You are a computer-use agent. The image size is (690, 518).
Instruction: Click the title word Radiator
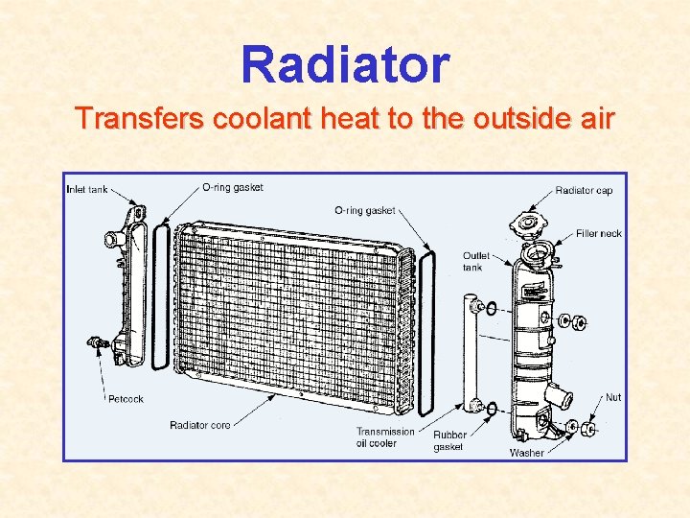pos(345,65)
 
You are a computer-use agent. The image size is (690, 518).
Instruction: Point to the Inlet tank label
pos(87,189)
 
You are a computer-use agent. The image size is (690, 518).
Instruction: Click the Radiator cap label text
pos(584,190)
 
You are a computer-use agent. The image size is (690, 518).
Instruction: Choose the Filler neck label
pos(599,233)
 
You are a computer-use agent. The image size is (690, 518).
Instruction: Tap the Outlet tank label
pos(476,261)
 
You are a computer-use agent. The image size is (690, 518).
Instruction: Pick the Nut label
pos(612,397)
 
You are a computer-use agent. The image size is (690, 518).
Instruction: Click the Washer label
pos(526,452)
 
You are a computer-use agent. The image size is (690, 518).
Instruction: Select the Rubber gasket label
pos(448,441)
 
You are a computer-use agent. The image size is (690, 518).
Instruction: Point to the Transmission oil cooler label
pos(384,436)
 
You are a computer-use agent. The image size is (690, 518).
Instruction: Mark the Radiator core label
pos(199,425)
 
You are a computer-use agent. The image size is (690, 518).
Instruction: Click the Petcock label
pos(126,399)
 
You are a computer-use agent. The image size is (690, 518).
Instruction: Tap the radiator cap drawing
pos(527,226)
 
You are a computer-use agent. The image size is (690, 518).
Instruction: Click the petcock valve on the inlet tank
pos(95,341)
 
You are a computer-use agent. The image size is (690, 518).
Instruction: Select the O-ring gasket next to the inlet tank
pos(161,297)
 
